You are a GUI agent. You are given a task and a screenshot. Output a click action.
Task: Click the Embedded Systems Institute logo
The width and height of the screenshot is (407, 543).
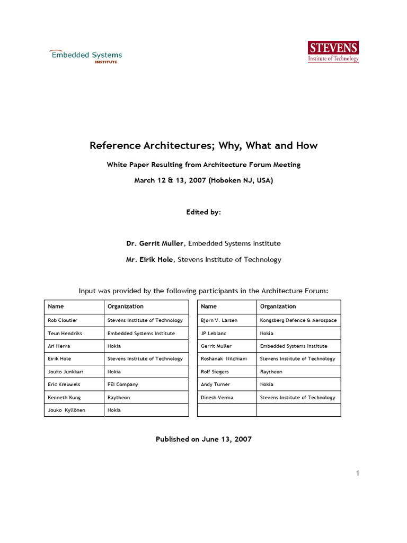86,56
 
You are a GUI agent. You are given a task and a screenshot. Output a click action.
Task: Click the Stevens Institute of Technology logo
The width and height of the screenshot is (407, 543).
333,51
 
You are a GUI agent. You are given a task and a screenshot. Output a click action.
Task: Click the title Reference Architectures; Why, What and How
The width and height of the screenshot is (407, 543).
203,145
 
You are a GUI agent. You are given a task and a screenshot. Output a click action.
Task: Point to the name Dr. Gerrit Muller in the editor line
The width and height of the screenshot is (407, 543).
155,243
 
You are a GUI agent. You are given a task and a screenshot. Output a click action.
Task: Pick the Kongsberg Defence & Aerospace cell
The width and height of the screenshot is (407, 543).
298,320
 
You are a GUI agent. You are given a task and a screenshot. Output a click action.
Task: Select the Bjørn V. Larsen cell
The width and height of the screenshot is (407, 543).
219,320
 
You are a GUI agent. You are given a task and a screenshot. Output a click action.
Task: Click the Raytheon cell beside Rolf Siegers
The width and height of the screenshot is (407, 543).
271,372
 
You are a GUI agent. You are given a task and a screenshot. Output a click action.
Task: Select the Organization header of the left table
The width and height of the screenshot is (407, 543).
126,306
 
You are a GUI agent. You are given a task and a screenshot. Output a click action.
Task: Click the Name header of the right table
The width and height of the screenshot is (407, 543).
209,306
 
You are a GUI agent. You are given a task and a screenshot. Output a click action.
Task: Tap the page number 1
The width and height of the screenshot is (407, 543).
358,473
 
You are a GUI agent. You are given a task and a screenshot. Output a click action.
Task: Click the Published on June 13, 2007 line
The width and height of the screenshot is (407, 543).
203,439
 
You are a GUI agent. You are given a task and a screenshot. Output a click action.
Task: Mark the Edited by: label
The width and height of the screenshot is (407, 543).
203,212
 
